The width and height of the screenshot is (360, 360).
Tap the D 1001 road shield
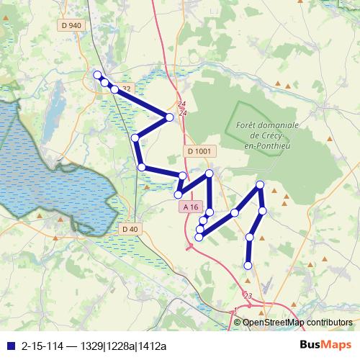199,151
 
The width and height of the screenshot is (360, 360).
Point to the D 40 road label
130,229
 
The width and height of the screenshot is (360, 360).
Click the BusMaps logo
325,345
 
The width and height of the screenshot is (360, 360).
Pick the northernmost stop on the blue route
97,74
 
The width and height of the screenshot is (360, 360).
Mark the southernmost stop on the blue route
248,266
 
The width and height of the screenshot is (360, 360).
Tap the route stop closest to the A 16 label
178,194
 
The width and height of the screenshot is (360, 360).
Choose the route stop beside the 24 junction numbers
170,117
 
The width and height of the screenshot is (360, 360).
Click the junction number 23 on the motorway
248,295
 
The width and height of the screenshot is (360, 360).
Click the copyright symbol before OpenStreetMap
237,323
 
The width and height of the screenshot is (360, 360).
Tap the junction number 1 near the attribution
234,310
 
